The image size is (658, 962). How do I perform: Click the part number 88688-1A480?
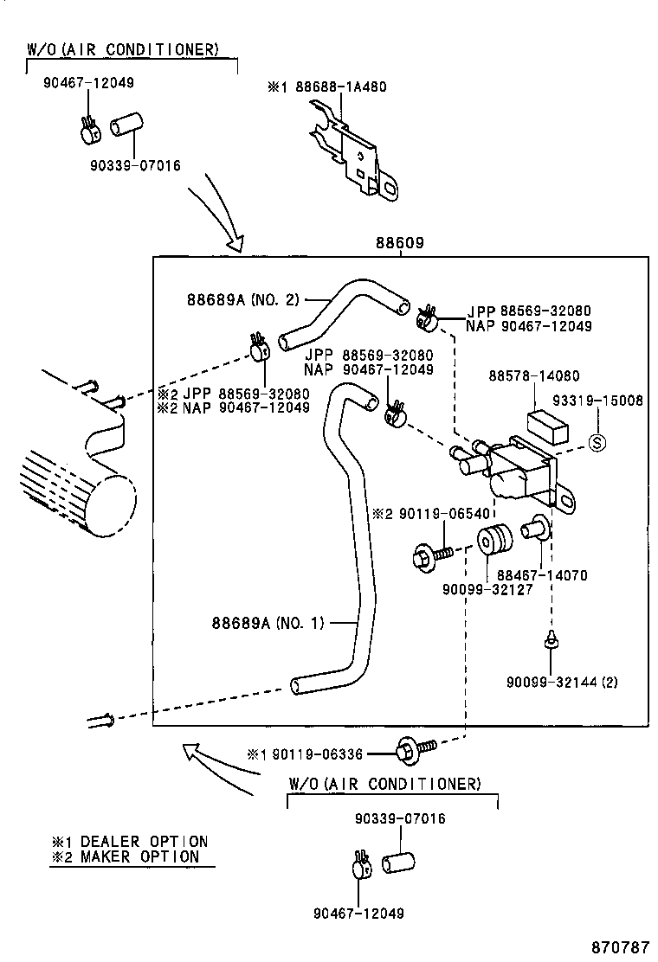(x=336, y=87)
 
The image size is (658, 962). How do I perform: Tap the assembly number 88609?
(x=399, y=244)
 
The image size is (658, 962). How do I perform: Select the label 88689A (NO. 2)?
(x=242, y=300)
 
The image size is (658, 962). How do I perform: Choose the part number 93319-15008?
(x=598, y=401)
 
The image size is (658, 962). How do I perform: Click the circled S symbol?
(x=597, y=442)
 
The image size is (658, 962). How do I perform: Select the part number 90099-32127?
(x=487, y=589)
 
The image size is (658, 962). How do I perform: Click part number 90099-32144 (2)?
(x=562, y=682)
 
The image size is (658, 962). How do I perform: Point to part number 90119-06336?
(x=320, y=754)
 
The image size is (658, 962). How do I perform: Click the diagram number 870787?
(x=620, y=947)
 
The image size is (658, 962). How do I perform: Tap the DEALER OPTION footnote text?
(x=152, y=841)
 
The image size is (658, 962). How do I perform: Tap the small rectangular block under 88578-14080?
(x=547, y=424)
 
